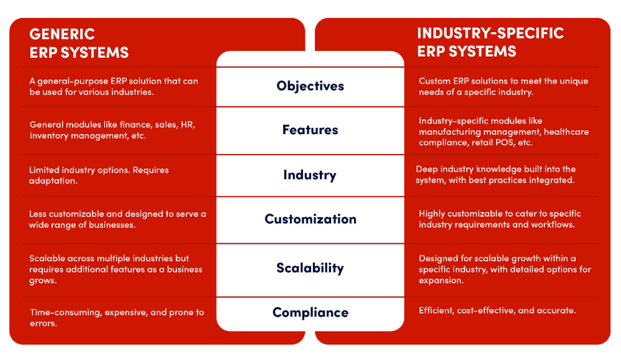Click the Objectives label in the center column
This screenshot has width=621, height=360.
tap(310, 86)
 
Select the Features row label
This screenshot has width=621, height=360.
tap(310, 130)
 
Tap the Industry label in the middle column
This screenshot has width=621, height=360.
tap(310, 174)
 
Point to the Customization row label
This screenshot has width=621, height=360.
tap(310, 218)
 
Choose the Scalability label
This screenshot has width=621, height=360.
tap(310, 268)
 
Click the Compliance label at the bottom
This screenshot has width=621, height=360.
tap(310, 312)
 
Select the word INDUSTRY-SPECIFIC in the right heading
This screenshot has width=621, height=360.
tap(491, 34)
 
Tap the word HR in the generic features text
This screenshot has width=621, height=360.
tap(186, 124)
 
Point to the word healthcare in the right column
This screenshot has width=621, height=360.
tap(566, 131)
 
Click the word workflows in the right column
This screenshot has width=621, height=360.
tap(553, 224)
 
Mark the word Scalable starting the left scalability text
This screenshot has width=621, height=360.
tap(47, 258)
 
